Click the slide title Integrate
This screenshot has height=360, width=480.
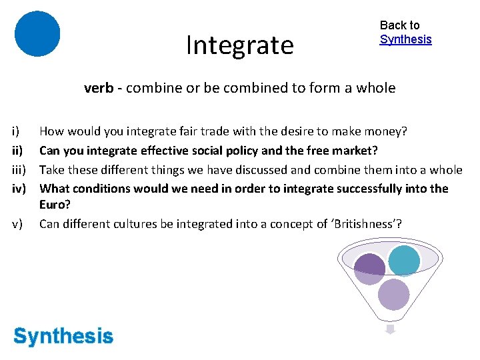click(239, 45)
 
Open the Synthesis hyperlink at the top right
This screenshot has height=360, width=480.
click(405, 39)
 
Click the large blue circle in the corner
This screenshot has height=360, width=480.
click(37, 33)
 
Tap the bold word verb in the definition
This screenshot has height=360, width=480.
click(98, 88)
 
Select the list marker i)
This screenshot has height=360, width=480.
click(17, 132)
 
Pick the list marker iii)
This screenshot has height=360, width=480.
click(19, 169)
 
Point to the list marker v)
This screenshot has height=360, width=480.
click(18, 224)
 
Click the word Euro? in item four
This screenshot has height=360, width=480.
click(55, 205)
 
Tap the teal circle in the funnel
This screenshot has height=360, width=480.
click(404, 261)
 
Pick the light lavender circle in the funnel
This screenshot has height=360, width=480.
click(393, 294)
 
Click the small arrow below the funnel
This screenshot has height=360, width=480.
click(391, 329)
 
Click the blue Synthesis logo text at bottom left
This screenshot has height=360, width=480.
click(63, 337)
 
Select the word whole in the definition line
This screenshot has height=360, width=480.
click(376, 88)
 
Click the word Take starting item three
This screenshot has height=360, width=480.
click(52, 169)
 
